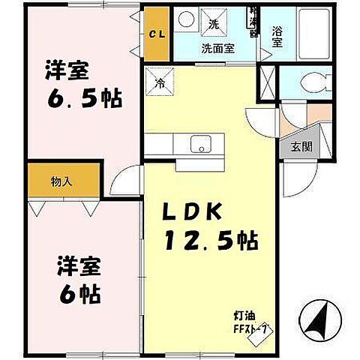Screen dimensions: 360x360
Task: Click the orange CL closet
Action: click(x=157, y=33)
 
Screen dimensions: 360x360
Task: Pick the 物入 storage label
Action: click(x=62, y=181)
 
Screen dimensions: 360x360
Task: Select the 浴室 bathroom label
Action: click(x=277, y=37)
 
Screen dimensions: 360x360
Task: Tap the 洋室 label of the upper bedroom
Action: click(x=65, y=70)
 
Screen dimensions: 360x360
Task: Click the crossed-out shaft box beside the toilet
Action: click(x=268, y=83)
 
